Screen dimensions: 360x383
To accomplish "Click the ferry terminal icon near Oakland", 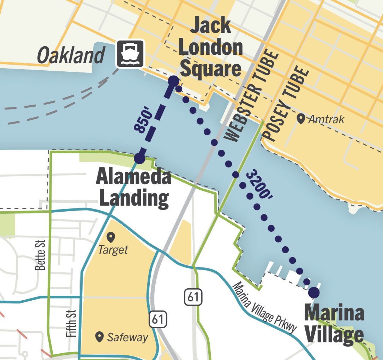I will (130, 54).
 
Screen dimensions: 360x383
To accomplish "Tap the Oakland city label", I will (71, 55).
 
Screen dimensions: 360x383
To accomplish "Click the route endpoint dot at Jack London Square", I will (173, 81).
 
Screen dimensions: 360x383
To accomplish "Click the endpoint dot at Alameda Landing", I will (139, 158).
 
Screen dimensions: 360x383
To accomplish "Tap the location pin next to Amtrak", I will (301, 119).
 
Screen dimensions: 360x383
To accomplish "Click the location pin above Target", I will (111, 237).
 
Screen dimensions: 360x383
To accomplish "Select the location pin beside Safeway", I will (100, 336).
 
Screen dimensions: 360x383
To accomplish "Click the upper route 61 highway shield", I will (193, 297).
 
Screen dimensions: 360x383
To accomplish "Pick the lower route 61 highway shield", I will (158, 319).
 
